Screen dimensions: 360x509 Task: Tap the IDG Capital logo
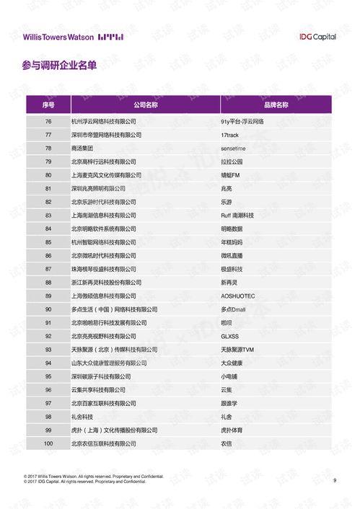(x=317, y=37)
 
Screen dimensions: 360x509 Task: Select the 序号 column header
(x=48, y=105)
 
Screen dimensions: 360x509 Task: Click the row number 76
(x=48, y=121)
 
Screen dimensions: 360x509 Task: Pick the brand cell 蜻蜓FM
(x=232, y=175)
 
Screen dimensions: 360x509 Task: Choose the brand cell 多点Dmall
(x=234, y=309)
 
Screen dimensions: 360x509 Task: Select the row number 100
(x=48, y=443)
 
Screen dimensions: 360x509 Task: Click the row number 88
(x=48, y=283)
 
